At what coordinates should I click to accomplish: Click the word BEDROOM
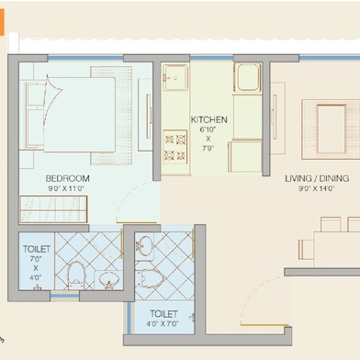(67, 177)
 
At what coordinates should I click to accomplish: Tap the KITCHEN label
(209, 120)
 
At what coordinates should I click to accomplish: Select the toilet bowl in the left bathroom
(76, 274)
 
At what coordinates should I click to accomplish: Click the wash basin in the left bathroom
(109, 278)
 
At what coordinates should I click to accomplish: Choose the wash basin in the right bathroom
(143, 245)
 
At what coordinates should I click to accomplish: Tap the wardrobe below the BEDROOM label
(54, 208)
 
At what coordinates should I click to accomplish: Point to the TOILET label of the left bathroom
(37, 249)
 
